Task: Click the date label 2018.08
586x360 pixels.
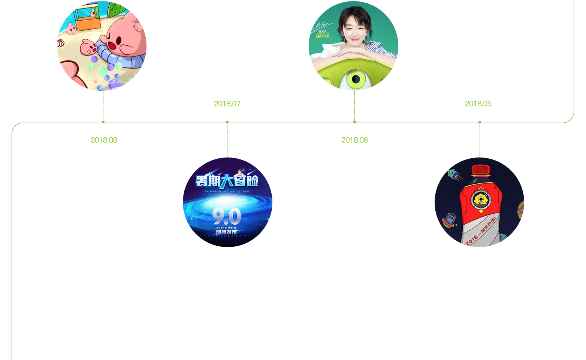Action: coord(104,140)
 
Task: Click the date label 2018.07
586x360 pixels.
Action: coord(227,104)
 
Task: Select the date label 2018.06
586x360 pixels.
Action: coord(354,140)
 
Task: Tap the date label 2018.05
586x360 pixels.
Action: coord(478,104)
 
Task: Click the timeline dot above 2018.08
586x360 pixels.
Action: coord(103,122)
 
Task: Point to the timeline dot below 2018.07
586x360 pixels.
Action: coord(227,122)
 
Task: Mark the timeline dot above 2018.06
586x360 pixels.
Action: coord(354,122)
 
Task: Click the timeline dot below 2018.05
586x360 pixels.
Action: coord(480,122)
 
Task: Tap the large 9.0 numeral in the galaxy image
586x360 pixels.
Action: coord(227,216)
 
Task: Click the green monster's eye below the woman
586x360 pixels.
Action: coord(355,79)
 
